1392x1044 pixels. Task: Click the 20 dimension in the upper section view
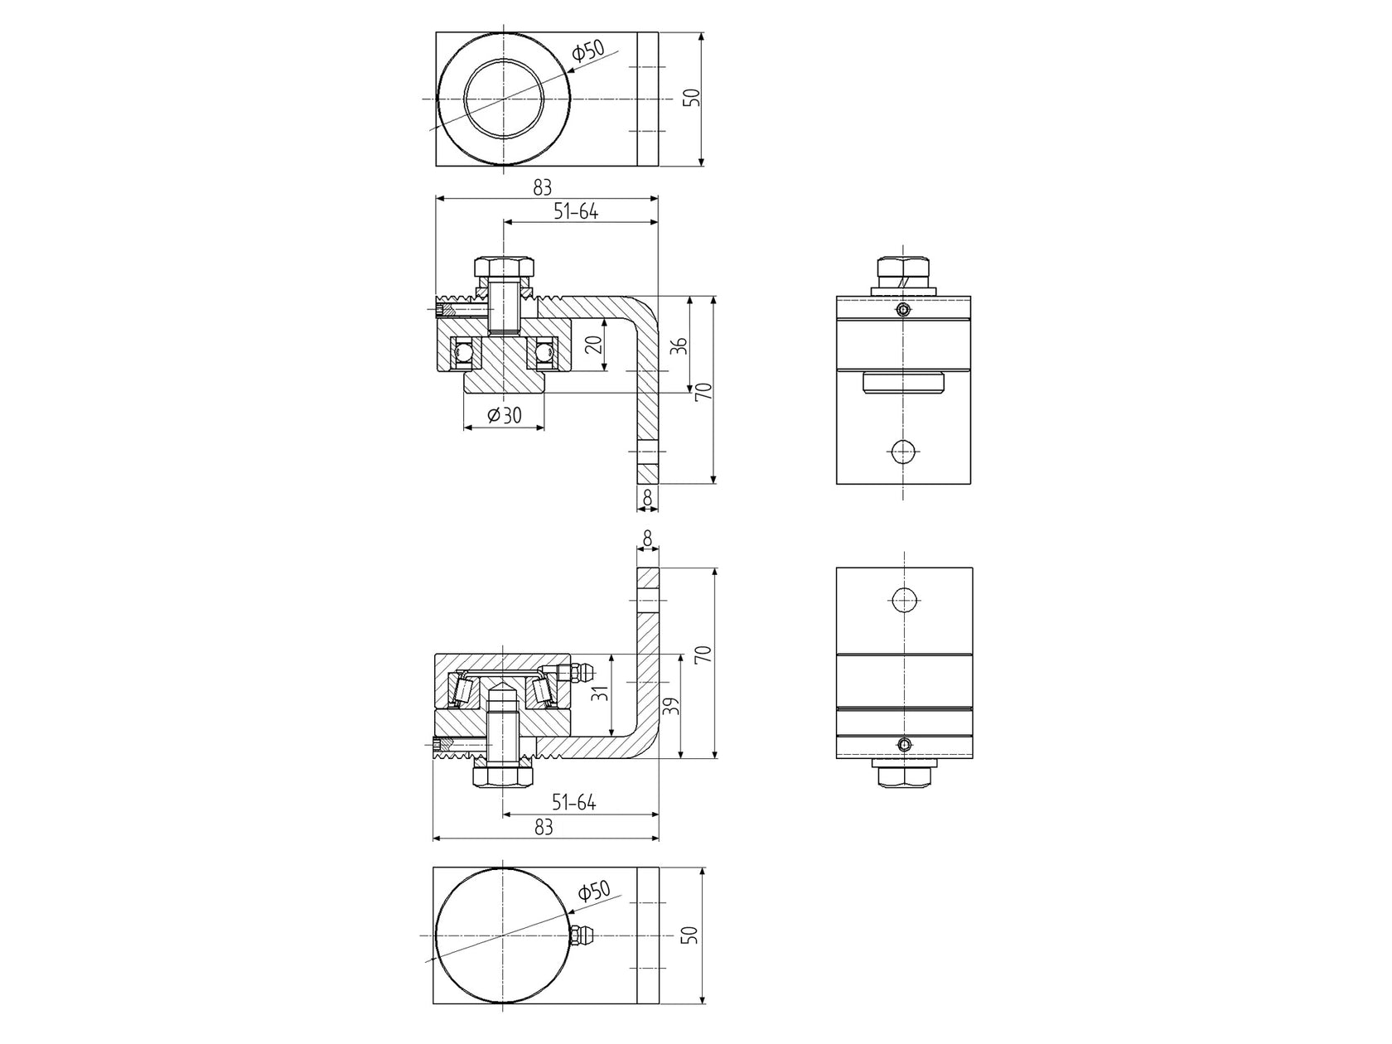[x=593, y=345]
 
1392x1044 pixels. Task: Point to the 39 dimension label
[x=673, y=707]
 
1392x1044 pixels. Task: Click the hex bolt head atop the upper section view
[x=503, y=268]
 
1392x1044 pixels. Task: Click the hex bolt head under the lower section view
[x=502, y=776]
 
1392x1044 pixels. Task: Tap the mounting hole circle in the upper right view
[x=903, y=452]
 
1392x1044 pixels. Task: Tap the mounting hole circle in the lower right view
[x=904, y=597]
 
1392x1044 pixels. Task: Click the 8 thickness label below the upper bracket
[x=648, y=498]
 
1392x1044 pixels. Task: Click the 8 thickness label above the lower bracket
[x=648, y=539]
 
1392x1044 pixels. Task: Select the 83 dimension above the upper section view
[x=543, y=188]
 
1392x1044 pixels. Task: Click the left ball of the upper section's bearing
[x=463, y=354]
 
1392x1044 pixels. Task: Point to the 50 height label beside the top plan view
[x=693, y=98]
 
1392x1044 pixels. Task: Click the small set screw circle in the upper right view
[x=904, y=311]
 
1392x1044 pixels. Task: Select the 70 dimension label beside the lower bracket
[x=703, y=655]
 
